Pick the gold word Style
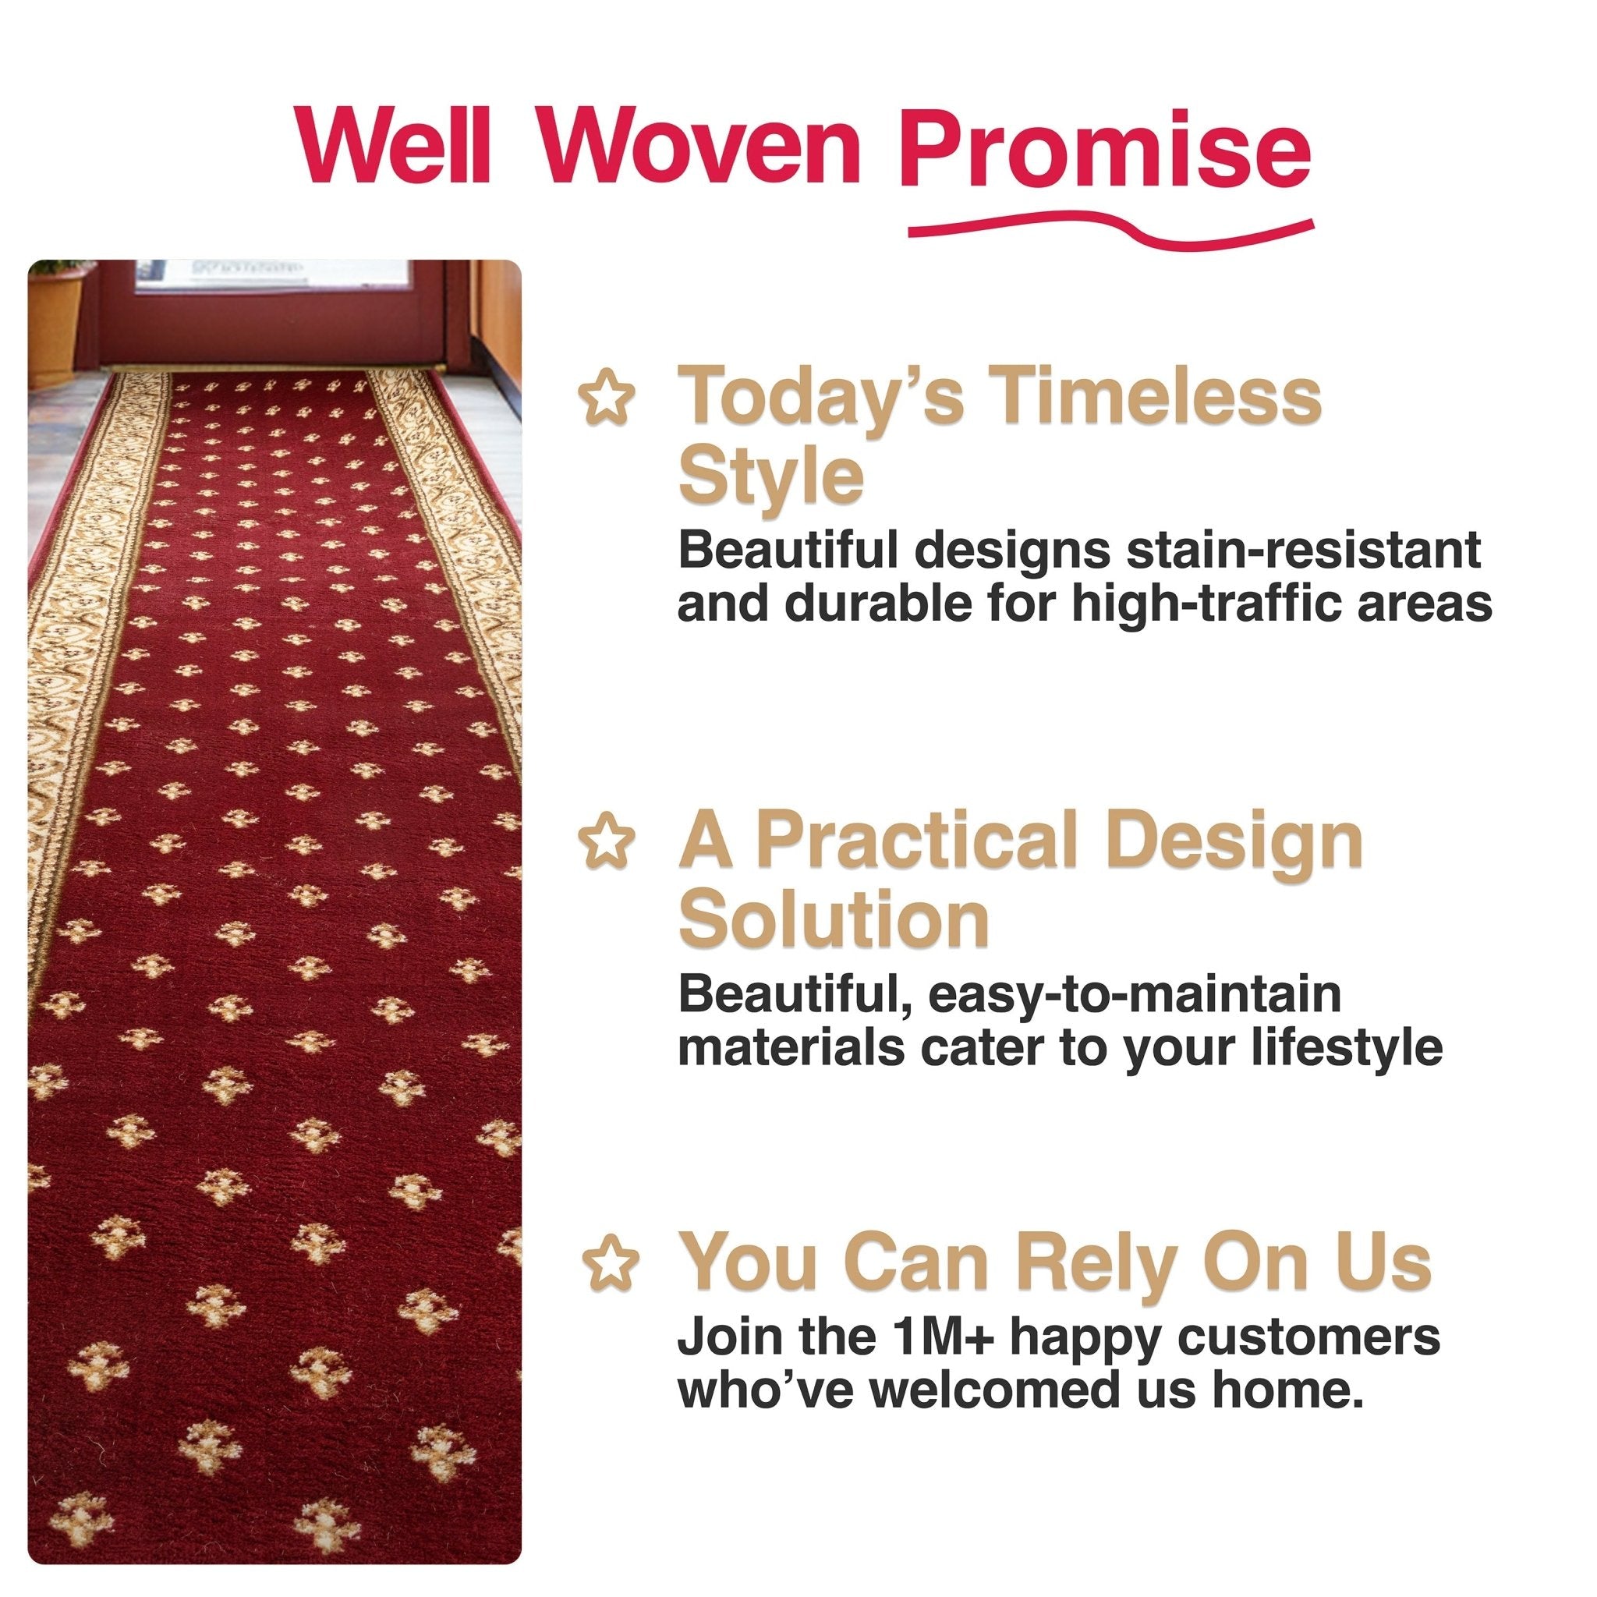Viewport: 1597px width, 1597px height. pyautogui.click(x=770, y=477)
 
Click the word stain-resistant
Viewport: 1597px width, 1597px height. pyautogui.click(x=1304, y=550)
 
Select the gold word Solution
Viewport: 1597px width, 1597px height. pyautogui.click(x=834, y=922)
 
